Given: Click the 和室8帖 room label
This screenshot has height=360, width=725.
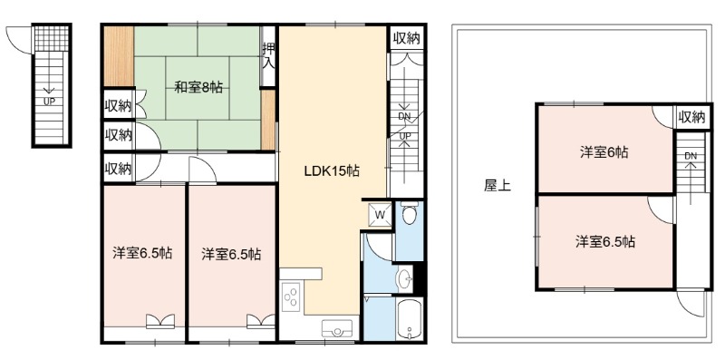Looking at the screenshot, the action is (198, 87).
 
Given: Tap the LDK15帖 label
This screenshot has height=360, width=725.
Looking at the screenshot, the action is (332, 171).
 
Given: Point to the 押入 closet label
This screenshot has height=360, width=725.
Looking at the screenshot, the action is (267, 56).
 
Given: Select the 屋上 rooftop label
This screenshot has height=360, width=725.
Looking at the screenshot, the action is (498, 186).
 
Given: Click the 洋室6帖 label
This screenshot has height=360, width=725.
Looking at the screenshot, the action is (604, 152).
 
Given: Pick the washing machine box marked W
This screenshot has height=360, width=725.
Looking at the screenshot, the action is (380, 214).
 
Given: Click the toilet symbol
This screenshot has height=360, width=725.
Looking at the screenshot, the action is (410, 213).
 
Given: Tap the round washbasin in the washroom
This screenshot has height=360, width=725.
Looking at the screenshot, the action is (405, 279).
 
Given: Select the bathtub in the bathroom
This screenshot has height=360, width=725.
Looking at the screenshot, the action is (410, 319).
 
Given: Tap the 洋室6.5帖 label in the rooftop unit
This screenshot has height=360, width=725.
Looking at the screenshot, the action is (604, 241).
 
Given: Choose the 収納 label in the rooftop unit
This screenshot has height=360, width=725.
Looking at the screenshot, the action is (691, 118).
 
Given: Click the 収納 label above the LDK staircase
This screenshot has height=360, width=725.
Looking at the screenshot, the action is (406, 39).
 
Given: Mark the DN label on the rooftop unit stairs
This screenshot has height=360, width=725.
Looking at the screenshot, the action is (691, 156).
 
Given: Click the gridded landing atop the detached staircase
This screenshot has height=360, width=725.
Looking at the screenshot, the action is (52, 38).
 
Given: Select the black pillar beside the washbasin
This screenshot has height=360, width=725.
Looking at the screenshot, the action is (419, 277).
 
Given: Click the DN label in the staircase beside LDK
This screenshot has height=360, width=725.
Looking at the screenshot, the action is (404, 117).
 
